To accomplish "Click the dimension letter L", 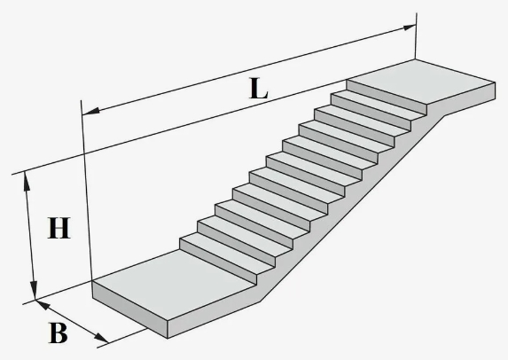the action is click(259, 89).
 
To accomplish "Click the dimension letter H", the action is click(59, 228).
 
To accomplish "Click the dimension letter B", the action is click(59, 333).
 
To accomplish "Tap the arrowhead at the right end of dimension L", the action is click(409, 27).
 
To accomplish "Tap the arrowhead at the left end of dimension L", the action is click(90, 111).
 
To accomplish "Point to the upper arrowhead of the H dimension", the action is click(27, 182).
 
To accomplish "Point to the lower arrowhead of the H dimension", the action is click(34, 290).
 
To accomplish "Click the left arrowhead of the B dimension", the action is click(43, 305).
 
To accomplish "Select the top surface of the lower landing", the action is click(174, 283).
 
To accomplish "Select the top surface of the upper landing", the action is click(421, 82).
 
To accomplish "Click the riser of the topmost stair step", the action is click(387, 97).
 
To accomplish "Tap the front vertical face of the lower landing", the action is click(129, 309).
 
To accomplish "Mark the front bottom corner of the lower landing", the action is click(168, 339).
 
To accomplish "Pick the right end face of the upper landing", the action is click(469, 98).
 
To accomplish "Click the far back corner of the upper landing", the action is click(415, 59).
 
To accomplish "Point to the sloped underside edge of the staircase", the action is click(352, 208).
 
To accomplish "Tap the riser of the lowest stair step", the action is click(218, 262).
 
